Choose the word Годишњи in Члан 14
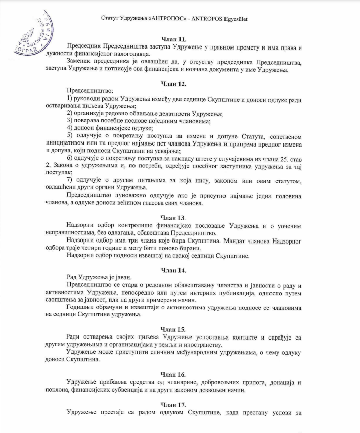82,308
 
